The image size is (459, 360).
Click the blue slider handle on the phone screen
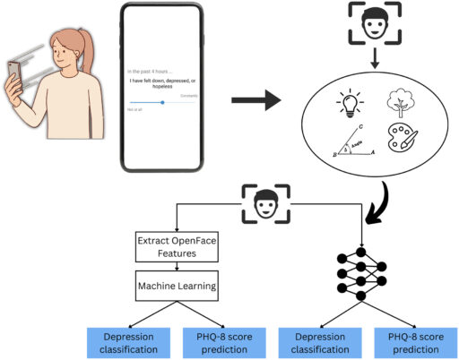[x=162, y=102]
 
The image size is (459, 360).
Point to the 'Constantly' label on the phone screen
[x=187, y=95]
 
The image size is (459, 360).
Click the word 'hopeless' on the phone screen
[x=162, y=88]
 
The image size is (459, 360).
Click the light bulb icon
[x=319, y=105]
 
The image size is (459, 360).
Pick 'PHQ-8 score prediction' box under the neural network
[x=413, y=339]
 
